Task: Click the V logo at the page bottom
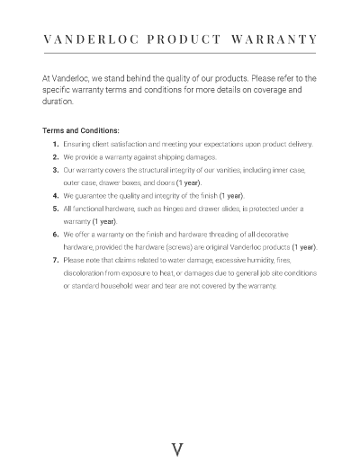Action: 178,450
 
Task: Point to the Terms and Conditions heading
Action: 82,129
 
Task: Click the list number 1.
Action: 56,143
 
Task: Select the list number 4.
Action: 56,195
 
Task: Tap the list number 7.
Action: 56,260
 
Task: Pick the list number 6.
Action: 56,234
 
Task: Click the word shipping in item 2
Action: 153,156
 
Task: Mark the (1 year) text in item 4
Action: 229,195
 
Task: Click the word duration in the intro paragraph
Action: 47,102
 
